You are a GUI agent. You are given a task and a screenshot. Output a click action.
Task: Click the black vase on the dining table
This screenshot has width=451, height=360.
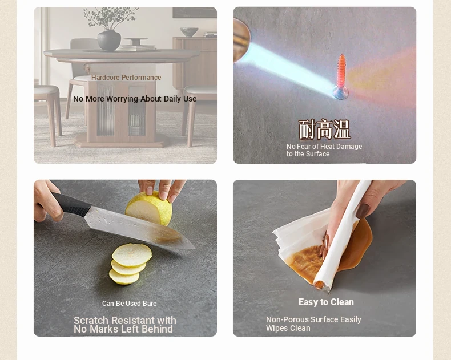[x=109, y=41]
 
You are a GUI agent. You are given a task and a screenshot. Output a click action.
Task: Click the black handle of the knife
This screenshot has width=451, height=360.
[x=71, y=204]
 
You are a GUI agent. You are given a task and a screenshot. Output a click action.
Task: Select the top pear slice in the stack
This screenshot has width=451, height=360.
[x=132, y=255]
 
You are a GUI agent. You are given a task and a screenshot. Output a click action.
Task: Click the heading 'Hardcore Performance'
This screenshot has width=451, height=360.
[x=126, y=78]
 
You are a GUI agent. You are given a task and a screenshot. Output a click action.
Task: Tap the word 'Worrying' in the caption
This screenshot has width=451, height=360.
[x=122, y=99]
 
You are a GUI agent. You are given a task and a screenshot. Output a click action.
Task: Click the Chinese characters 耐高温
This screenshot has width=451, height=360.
[x=324, y=130]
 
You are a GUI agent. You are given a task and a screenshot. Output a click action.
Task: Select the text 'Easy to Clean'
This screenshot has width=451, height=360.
[x=326, y=302]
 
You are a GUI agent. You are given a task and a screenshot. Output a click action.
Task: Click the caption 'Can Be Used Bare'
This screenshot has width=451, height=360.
[x=130, y=304]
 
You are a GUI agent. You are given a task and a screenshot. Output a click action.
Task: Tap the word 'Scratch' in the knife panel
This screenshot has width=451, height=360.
[x=91, y=320]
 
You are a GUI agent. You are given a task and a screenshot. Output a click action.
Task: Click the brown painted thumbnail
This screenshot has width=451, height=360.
[x=363, y=211]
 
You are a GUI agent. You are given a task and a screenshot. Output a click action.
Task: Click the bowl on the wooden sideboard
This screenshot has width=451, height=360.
[x=189, y=32]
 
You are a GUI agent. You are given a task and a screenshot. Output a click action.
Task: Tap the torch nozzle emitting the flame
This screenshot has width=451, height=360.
[x=241, y=41]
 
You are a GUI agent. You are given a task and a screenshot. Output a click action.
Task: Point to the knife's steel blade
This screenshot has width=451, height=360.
[x=139, y=228]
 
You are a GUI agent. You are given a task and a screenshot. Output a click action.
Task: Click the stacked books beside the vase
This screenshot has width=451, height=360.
[x=137, y=48]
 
